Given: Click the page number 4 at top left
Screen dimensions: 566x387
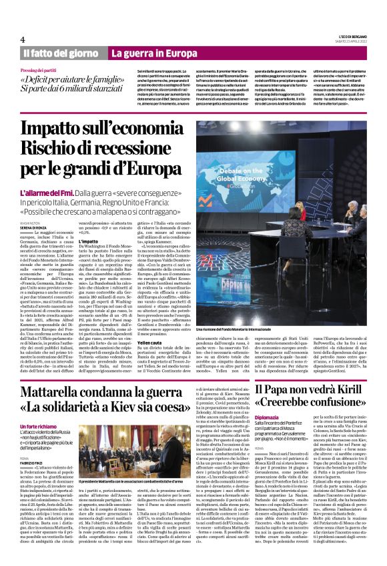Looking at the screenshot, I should coord(23,39).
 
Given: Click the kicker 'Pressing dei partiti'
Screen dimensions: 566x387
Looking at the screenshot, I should coord(42,70).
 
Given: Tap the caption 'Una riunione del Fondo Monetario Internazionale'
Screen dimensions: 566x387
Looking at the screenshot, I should coord(232,329).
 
